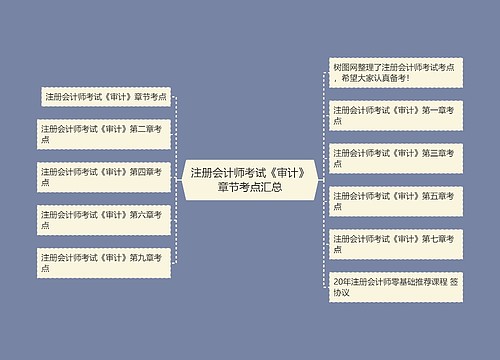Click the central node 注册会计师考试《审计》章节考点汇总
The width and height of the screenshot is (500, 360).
point(249,179)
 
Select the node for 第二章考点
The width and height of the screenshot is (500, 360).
point(102,133)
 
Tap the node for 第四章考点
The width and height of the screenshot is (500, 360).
point(102,177)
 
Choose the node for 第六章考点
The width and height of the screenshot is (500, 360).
point(102,220)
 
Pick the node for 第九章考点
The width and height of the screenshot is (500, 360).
point(102,263)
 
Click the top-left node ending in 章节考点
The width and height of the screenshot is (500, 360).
point(105,97)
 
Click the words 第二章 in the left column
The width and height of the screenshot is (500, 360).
point(143,128)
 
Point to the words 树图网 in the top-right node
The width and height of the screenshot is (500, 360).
point(346,66)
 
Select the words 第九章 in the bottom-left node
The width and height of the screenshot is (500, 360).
point(143,258)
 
